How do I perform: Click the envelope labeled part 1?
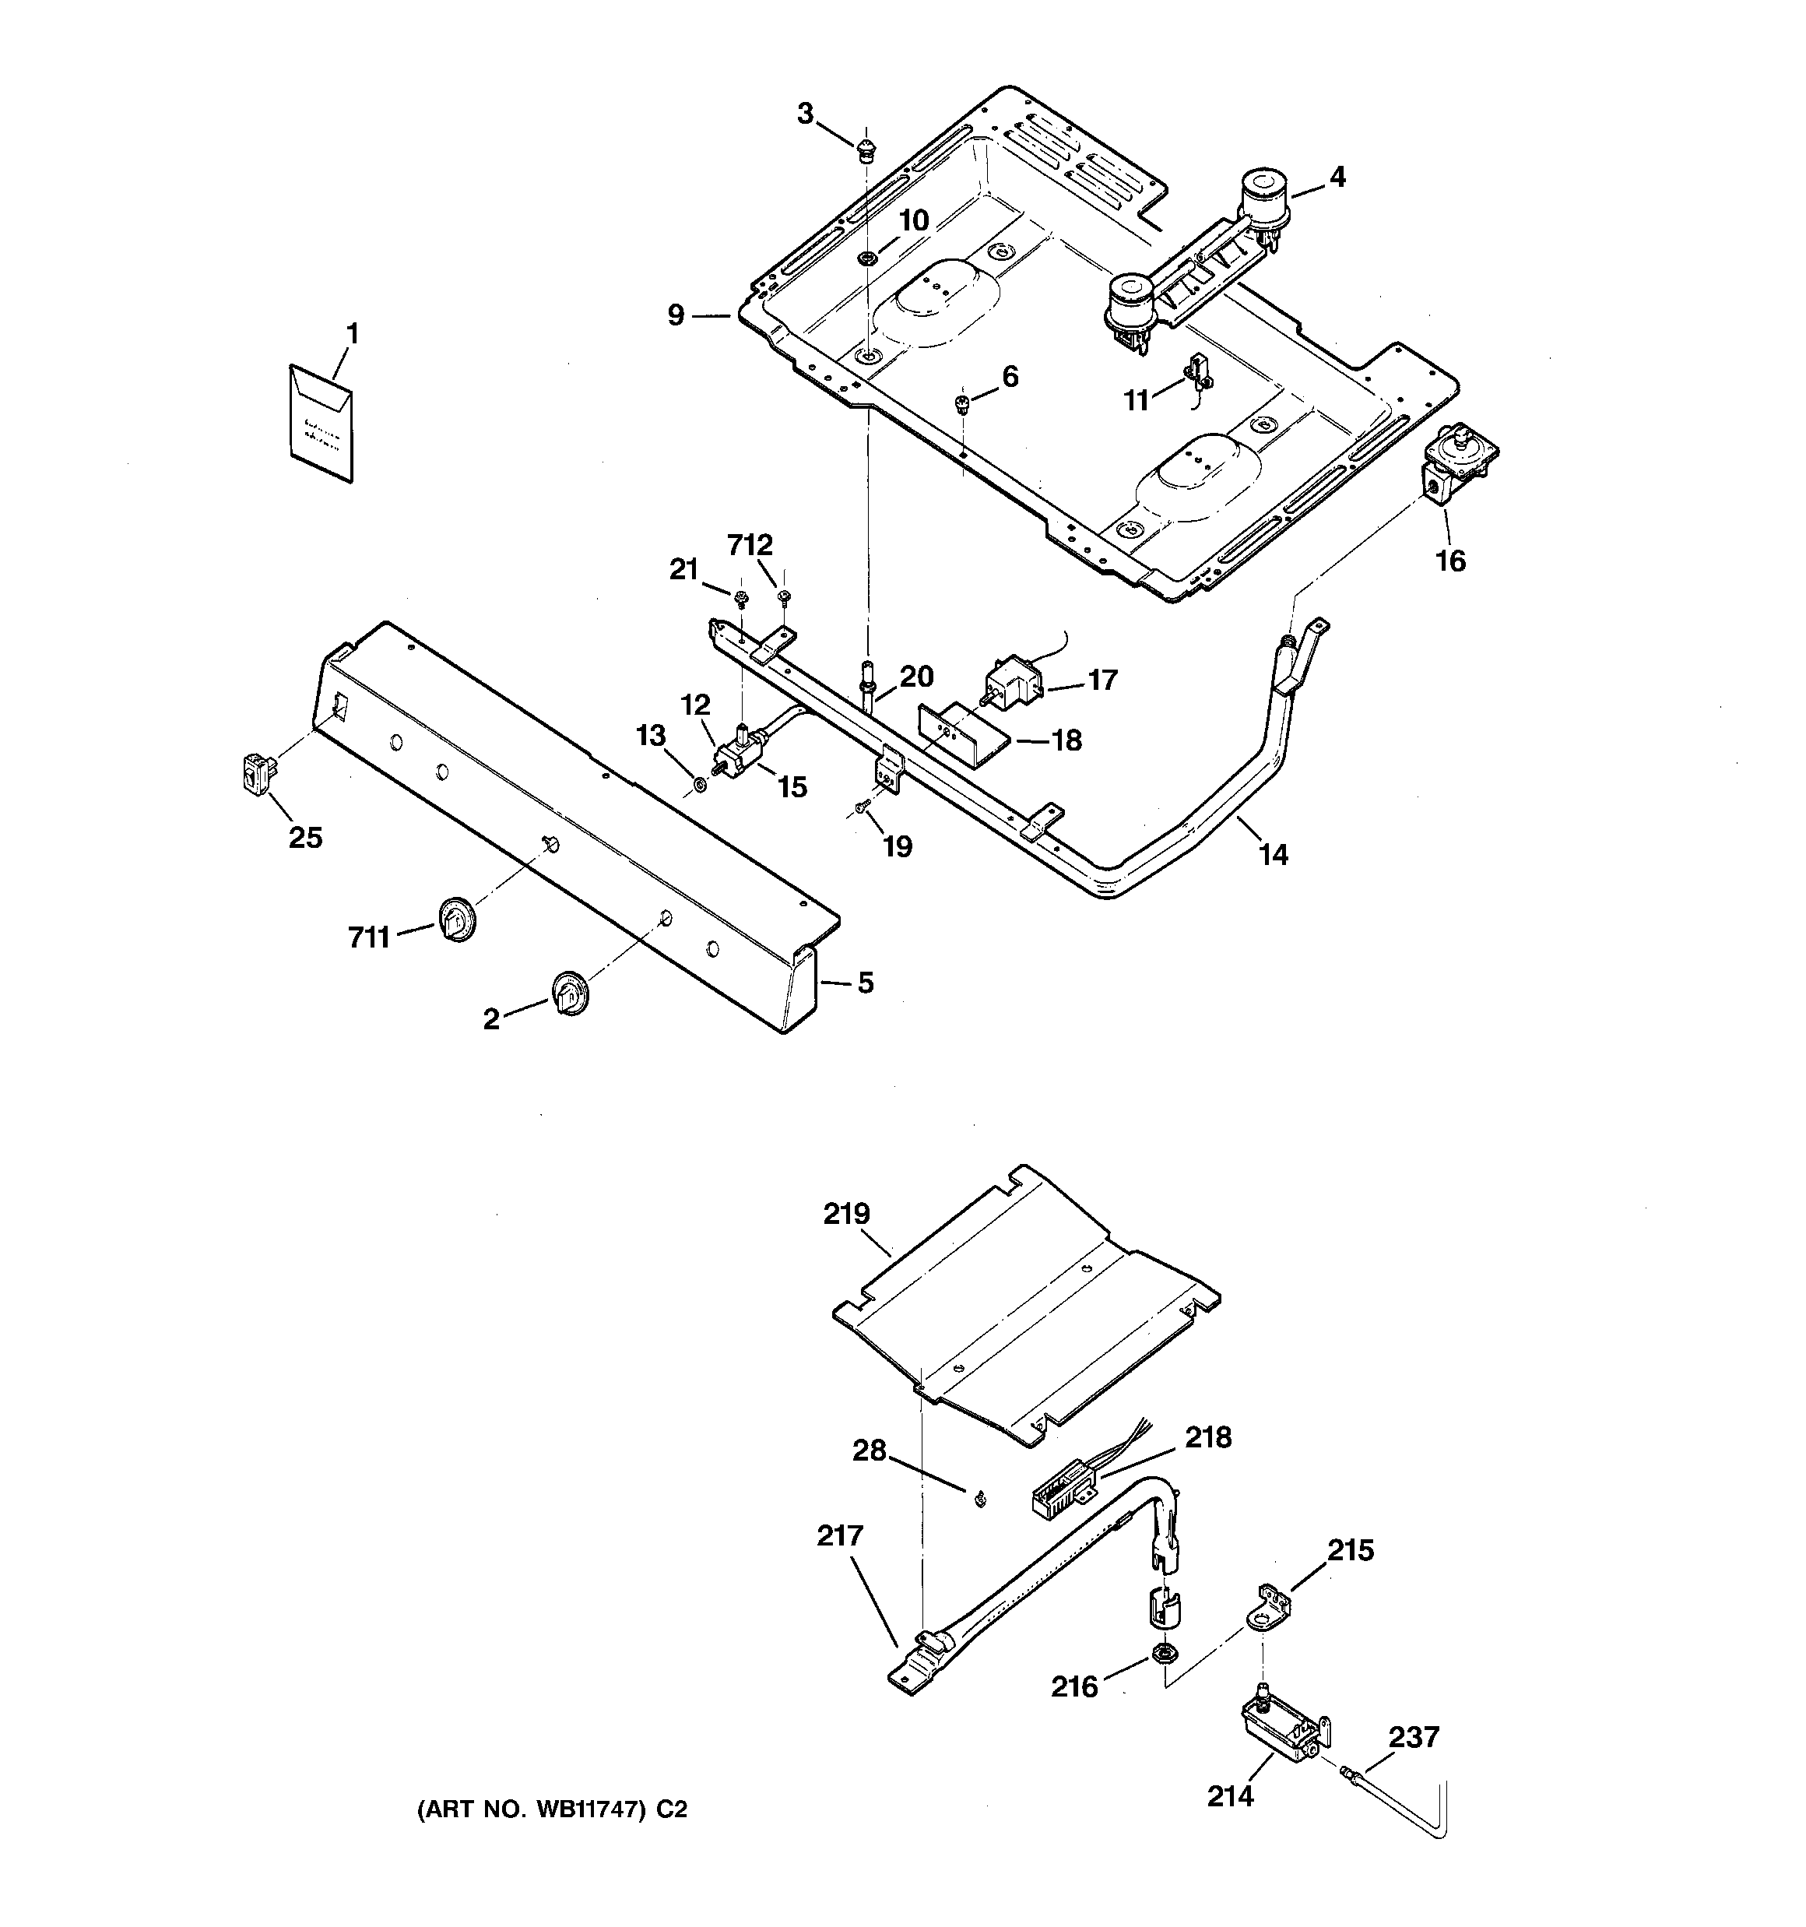(x=321, y=422)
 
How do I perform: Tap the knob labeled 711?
(x=455, y=917)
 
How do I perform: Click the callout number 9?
(x=676, y=315)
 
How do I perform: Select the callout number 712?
(x=751, y=546)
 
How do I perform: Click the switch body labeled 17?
(x=1012, y=680)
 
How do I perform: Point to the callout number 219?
(x=846, y=1214)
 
